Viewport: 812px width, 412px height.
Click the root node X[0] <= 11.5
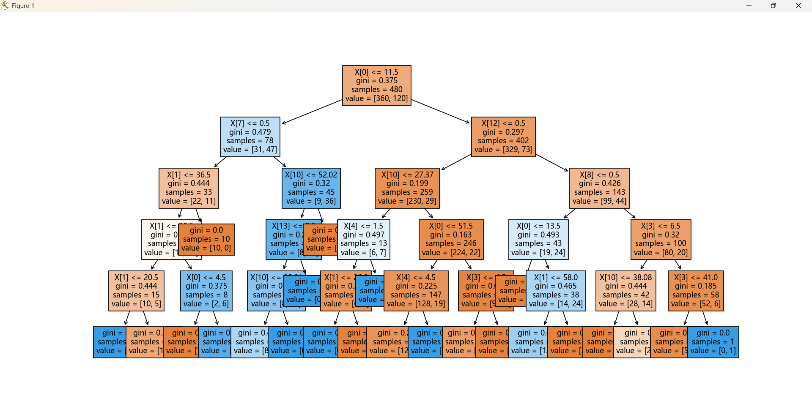[x=376, y=85]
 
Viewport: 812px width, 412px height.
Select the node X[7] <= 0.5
[x=250, y=136]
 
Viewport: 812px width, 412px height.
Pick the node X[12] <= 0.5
[x=503, y=136]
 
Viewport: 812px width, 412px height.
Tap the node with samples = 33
[x=189, y=188]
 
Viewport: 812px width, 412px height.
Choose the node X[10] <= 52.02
[x=311, y=188]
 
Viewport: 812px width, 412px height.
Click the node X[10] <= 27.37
[x=407, y=188]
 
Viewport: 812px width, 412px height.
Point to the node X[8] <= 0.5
[x=599, y=188]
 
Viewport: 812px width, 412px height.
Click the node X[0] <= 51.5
[x=451, y=239]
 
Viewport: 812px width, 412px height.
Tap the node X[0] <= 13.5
[x=538, y=239]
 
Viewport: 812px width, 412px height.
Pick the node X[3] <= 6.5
[x=661, y=239]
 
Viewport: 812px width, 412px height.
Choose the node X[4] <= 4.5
[x=416, y=291]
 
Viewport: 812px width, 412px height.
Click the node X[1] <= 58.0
[x=556, y=291]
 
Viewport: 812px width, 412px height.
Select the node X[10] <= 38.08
[x=625, y=291]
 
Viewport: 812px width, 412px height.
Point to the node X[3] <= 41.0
[x=696, y=291]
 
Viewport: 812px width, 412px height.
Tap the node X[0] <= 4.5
[x=206, y=291]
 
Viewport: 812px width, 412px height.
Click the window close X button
[x=798, y=5]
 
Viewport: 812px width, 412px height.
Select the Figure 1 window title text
[x=23, y=6]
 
